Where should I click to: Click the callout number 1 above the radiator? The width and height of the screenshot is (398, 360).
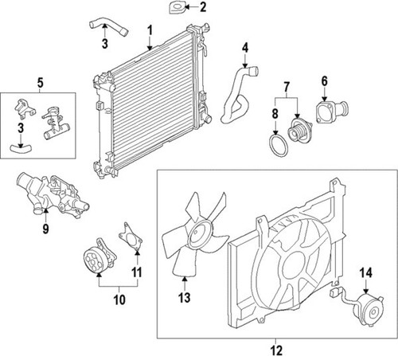pos(150,30)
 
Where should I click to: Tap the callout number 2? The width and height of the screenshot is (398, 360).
pos(203,7)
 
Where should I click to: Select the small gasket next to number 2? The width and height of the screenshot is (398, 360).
pos(177,7)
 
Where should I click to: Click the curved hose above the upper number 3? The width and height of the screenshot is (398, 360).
pos(108,27)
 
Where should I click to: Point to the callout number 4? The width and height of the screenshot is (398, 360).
pos(245,48)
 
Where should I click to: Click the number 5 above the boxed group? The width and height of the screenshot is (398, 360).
pos(40,83)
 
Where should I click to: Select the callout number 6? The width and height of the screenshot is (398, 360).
pos(325,81)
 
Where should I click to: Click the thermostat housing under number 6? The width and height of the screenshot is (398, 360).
pos(331,112)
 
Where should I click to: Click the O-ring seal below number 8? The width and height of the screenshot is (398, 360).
pos(278,146)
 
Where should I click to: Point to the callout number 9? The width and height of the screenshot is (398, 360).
pos(45,229)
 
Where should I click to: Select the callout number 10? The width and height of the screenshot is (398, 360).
pos(119,299)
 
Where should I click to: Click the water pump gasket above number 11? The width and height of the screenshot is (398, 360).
pos(131,237)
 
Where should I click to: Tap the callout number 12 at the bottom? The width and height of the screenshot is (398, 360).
pos(276,350)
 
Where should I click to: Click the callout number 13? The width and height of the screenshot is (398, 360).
pos(184,298)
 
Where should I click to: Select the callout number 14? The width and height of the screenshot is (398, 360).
pos(366,272)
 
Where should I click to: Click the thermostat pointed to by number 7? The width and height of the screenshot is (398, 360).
pos(300,131)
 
